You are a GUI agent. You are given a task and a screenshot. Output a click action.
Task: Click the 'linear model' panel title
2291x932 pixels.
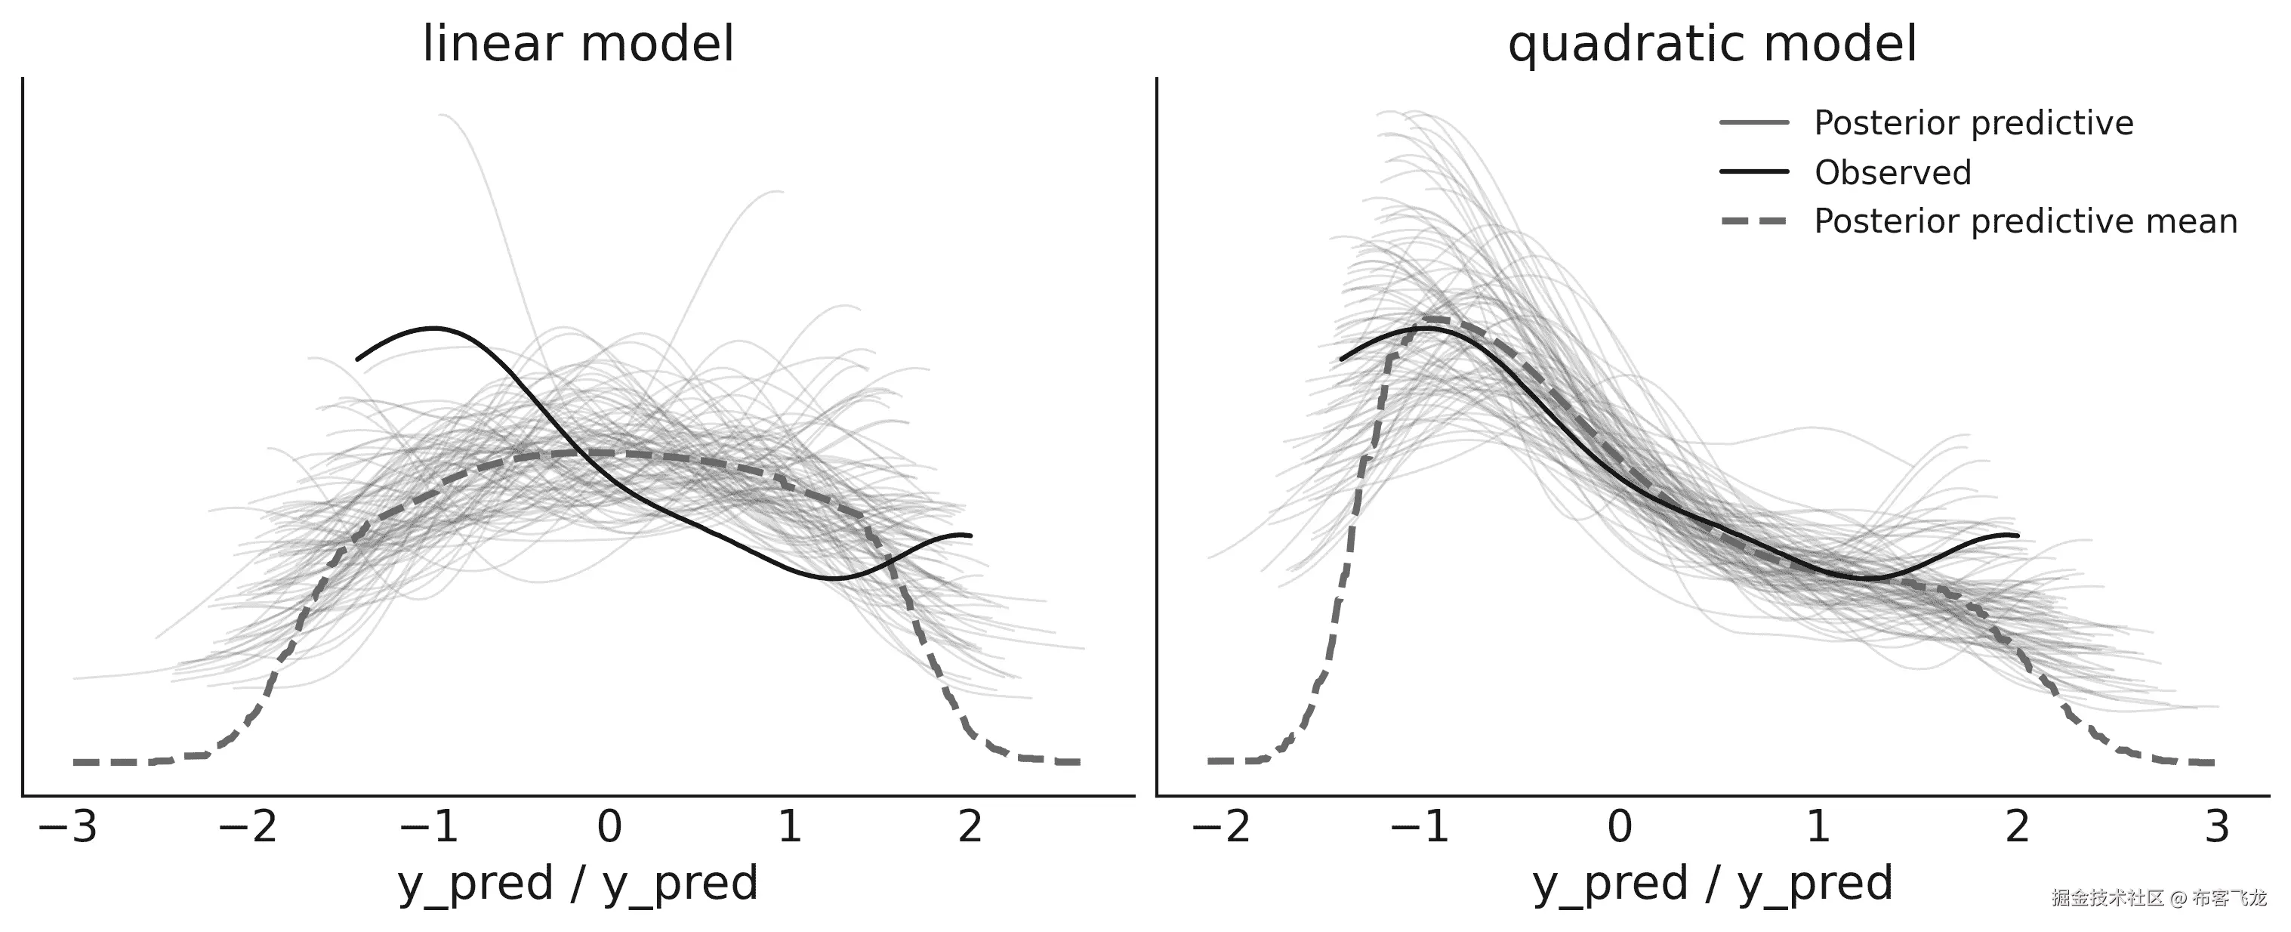578,45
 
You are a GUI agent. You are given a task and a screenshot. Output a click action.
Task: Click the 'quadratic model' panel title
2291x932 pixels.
1712,45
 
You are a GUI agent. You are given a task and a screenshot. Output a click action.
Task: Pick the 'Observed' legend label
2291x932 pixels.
1892,172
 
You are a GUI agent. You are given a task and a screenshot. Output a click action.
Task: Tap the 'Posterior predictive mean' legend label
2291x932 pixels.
2025,221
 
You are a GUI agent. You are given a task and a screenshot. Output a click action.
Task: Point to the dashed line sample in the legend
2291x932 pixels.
1754,221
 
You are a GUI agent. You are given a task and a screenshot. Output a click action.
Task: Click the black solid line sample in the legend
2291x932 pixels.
1754,171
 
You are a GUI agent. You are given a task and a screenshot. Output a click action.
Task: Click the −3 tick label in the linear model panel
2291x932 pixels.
68,827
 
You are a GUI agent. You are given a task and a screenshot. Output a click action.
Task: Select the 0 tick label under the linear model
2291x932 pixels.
609,827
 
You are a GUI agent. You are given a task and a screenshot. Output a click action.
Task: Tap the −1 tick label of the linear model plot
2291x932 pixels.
429,827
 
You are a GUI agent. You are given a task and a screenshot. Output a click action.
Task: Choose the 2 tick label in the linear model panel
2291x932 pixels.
970,827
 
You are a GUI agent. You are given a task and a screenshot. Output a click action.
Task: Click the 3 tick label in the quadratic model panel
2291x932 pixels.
2217,827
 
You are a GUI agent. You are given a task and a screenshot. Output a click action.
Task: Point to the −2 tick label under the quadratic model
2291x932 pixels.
1220,827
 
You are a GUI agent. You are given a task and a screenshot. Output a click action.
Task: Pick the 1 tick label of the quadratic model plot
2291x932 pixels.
1819,827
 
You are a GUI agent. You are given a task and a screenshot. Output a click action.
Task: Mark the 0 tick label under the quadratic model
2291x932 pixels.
1620,827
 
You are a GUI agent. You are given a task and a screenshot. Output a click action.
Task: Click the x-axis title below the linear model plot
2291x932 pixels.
578,884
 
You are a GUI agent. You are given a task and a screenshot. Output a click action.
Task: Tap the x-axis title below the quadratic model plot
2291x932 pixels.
1712,884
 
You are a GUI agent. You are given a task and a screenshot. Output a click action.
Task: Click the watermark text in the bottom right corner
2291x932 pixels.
2170,898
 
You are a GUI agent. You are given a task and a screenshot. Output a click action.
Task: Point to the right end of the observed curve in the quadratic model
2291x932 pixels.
2017,535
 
